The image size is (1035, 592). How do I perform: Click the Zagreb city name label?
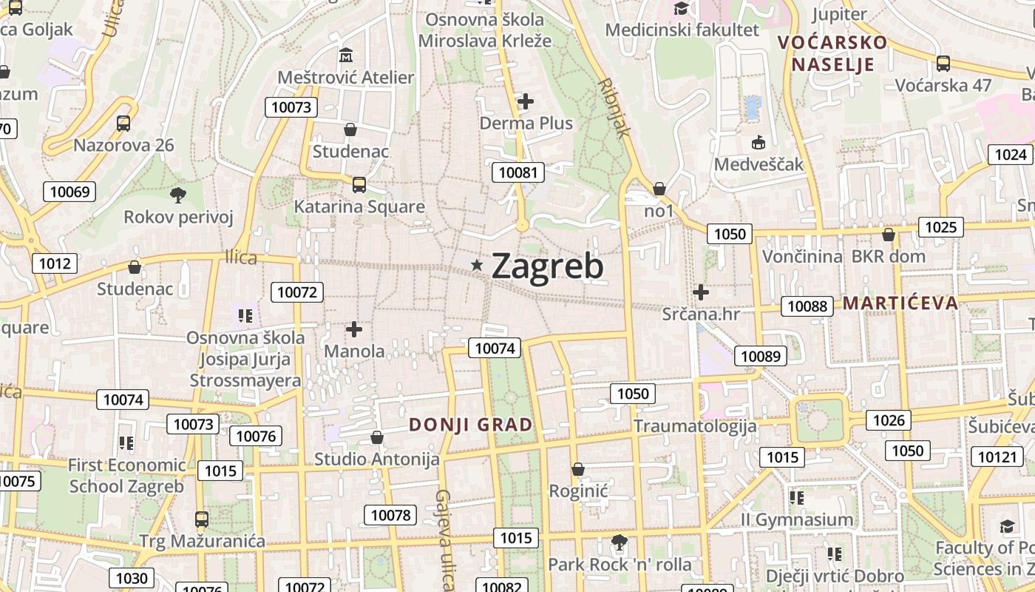547,266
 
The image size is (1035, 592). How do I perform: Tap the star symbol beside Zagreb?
478,265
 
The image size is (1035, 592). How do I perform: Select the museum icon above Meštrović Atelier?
345,55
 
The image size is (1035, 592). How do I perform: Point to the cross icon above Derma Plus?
526,101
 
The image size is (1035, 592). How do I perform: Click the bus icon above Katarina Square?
359,184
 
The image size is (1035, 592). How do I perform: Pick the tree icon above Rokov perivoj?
177,195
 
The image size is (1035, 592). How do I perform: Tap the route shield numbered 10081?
518,173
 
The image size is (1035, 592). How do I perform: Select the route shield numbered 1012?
55,263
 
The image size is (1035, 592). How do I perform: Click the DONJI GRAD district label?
471,425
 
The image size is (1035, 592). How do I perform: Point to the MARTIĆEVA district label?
900,303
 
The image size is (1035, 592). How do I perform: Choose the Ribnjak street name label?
614,107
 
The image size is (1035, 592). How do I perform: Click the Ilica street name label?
241,258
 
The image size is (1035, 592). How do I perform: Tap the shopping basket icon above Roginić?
578,469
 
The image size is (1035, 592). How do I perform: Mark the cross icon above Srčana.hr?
701,292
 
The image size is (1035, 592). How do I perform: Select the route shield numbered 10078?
390,515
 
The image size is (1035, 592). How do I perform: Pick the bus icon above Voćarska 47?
943,63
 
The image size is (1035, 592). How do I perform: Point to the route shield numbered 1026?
889,420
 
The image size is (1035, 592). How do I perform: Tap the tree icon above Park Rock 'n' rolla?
620,543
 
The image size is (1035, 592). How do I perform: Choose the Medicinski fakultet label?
682,30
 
